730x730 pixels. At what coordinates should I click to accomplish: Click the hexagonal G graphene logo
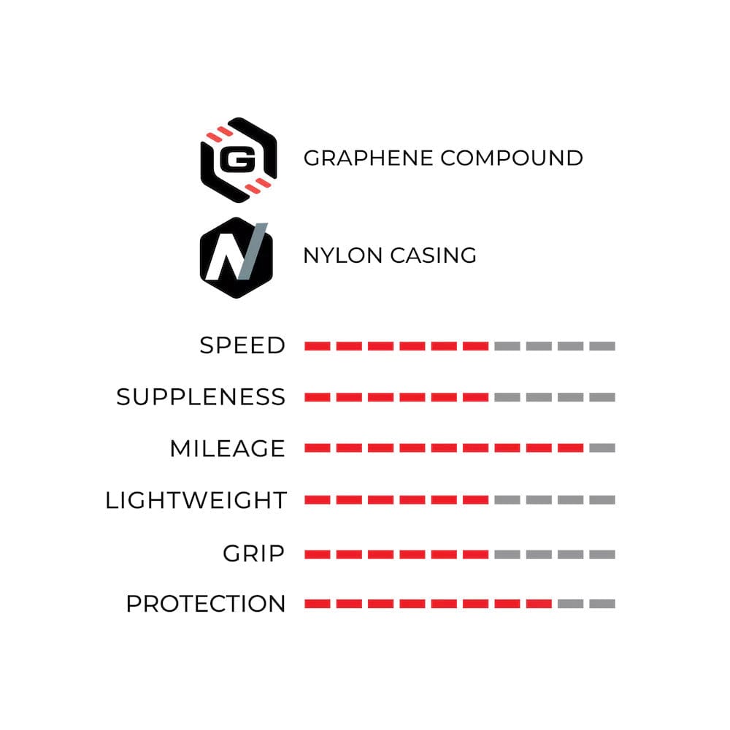tap(239, 160)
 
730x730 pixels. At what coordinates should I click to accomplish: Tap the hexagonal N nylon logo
tap(236, 258)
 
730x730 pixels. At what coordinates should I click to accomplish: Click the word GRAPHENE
tap(368, 158)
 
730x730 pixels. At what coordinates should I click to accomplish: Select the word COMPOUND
tap(512, 158)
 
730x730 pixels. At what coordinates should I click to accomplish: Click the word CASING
tap(434, 255)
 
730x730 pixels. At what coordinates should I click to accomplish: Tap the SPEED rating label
tap(242, 345)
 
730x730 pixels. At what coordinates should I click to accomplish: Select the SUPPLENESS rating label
tap(201, 397)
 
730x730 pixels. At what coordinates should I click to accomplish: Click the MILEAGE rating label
tap(228, 448)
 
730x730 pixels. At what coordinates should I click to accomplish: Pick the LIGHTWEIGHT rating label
tap(196, 500)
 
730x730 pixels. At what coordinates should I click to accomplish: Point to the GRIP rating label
tap(254, 554)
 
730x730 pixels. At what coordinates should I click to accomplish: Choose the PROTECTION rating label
tap(206, 604)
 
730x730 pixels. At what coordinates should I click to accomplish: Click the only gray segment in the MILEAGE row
tap(602, 448)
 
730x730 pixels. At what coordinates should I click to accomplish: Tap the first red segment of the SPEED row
tap(317, 346)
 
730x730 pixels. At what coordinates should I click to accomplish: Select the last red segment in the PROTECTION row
tap(539, 604)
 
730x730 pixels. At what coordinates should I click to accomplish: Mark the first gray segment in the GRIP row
tap(507, 555)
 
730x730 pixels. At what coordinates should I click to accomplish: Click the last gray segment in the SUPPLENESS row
tap(602, 397)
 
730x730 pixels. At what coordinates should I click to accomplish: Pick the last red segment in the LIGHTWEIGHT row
tap(475, 500)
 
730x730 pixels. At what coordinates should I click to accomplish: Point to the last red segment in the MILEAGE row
tap(570, 448)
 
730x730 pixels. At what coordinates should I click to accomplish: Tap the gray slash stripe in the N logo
tap(253, 251)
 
